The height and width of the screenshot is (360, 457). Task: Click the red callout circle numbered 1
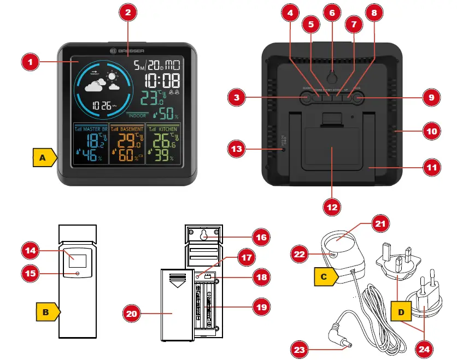tap(31, 62)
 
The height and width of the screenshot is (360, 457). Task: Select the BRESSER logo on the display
tap(127, 51)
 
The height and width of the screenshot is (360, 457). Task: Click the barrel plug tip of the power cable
tap(345, 343)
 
